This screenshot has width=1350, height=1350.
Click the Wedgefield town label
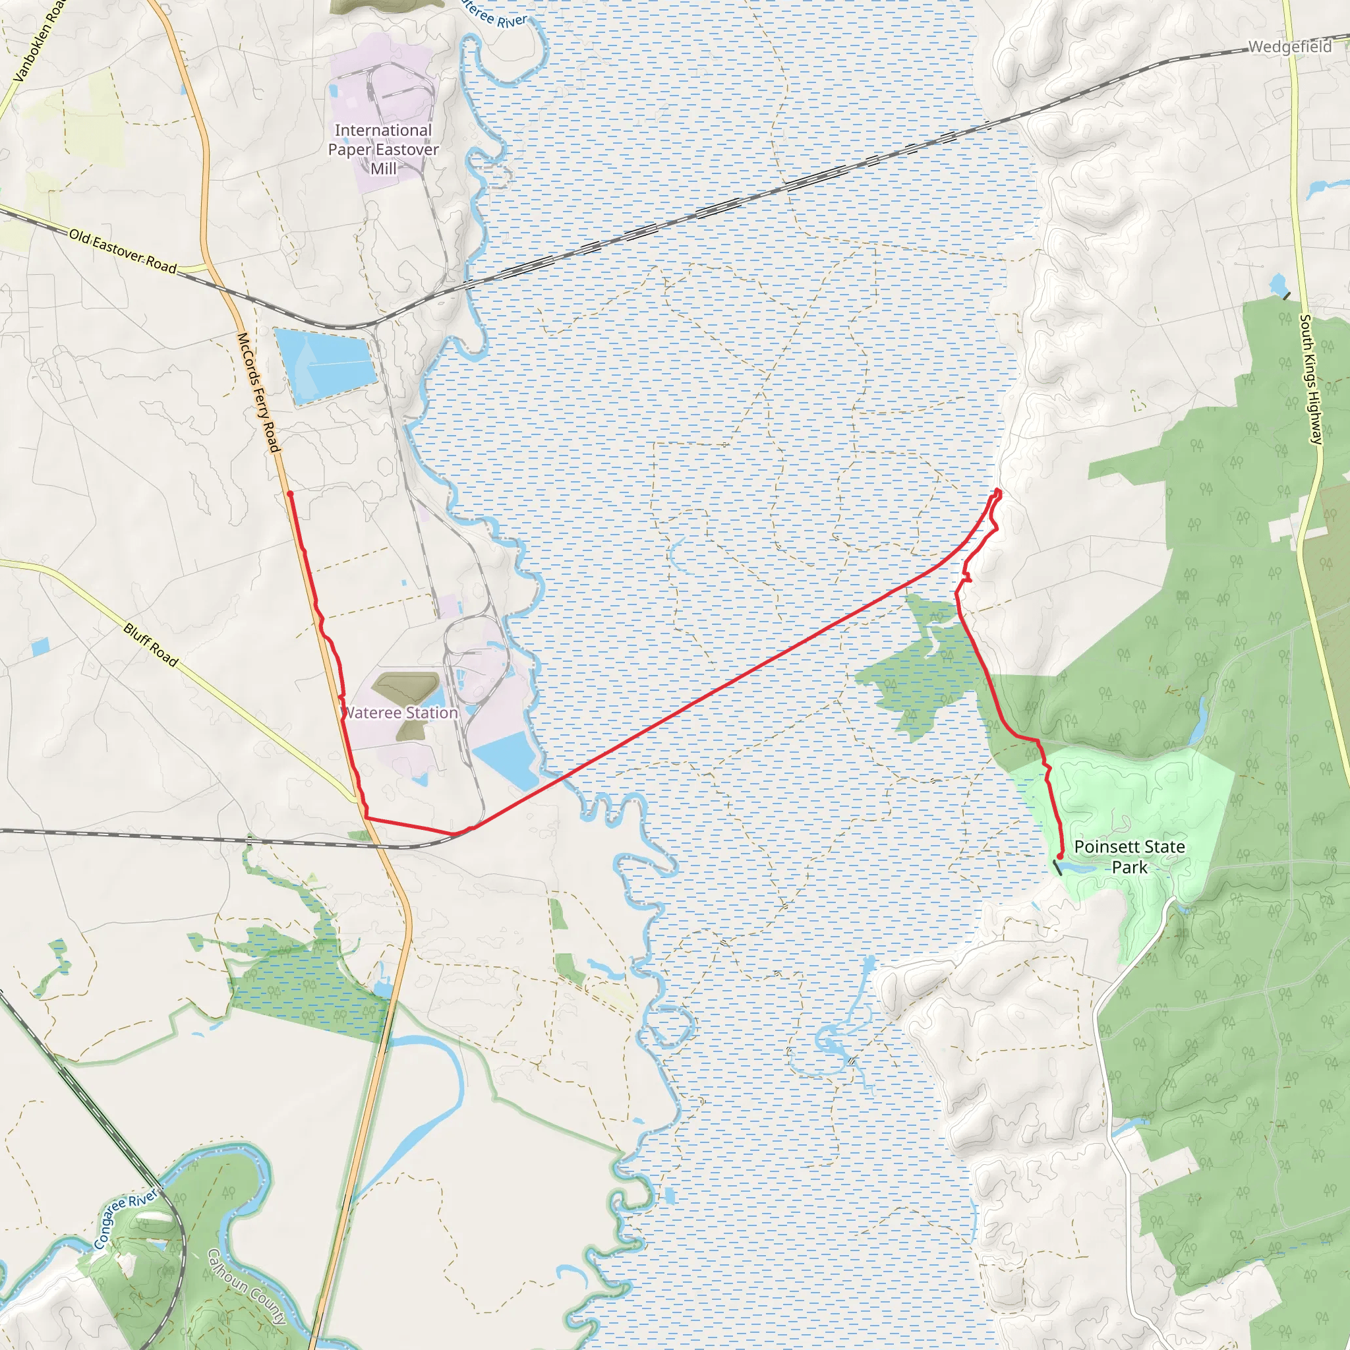click(x=1289, y=47)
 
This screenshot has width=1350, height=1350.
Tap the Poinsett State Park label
click(x=1129, y=857)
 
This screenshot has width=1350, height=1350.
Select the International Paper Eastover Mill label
click(x=383, y=149)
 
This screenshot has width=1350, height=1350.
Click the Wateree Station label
click(x=402, y=713)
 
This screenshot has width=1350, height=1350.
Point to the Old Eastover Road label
click(x=123, y=251)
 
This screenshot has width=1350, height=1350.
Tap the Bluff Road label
click(x=151, y=644)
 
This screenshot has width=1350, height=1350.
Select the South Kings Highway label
click(x=1311, y=380)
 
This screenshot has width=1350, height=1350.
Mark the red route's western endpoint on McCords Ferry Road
click(x=289, y=494)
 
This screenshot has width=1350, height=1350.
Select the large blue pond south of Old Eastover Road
click(x=326, y=365)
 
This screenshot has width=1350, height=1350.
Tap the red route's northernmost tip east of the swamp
click(x=998, y=491)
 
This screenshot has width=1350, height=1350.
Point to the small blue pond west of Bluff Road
click(x=40, y=647)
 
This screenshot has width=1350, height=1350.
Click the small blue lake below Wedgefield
click(x=1278, y=283)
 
